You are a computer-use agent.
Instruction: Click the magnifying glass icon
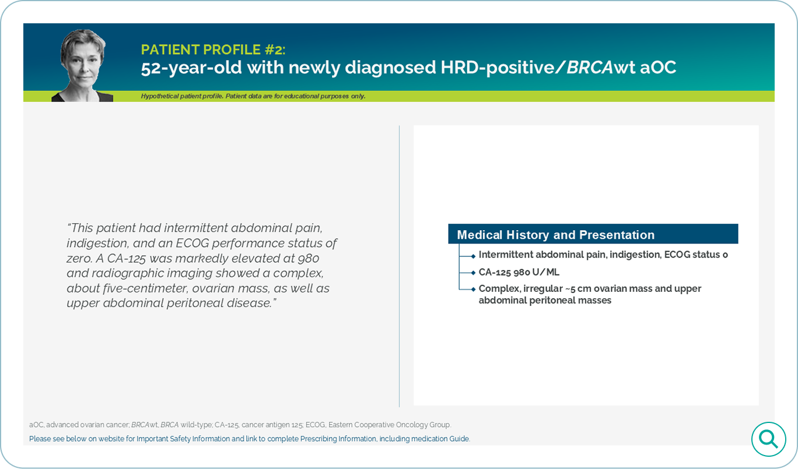(x=768, y=439)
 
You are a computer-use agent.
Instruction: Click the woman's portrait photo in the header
(x=83, y=65)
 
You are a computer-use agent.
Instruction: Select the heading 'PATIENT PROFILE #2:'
(x=213, y=50)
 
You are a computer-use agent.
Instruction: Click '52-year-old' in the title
(x=191, y=68)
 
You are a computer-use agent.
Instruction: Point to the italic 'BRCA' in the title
(x=590, y=67)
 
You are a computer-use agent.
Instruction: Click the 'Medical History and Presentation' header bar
(x=593, y=234)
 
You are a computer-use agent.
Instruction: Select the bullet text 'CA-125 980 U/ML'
(x=519, y=272)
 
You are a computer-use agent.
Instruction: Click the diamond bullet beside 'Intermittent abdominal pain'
(x=473, y=256)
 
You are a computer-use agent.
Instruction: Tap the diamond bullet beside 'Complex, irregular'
(x=473, y=290)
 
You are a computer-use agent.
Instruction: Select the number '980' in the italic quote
(x=308, y=258)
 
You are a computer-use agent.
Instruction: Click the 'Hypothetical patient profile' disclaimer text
(x=253, y=96)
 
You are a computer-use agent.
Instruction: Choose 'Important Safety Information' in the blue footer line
(x=183, y=439)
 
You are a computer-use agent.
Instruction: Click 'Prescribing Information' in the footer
(x=338, y=439)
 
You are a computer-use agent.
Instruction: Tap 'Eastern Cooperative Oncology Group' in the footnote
(x=390, y=425)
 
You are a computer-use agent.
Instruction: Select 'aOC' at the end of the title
(x=658, y=68)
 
